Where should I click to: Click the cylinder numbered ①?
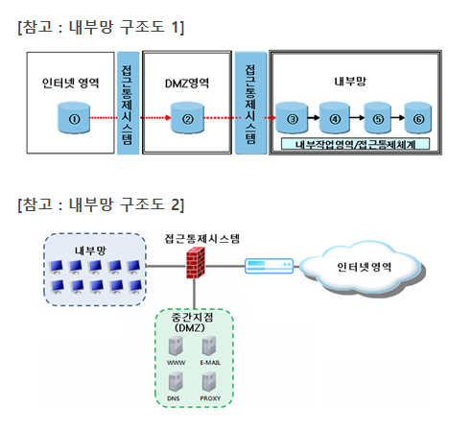(74, 118)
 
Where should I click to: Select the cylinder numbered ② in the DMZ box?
(187, 118)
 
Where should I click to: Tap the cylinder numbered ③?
(292, 118)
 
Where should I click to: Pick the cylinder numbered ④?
(335, 118)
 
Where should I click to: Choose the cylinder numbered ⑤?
(378, 118)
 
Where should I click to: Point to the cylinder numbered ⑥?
(418, 118)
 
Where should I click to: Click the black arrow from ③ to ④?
(314, 118)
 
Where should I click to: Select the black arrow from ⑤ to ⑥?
(398, 118)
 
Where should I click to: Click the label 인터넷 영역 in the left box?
(71, 83)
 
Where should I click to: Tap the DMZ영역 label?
(187, 84)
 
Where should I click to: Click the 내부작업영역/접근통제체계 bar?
(355, 144)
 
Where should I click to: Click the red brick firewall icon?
(196, 263)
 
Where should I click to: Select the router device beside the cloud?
(269, 266)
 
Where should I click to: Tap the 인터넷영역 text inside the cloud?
(364, 267)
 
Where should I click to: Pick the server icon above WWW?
(176, 346)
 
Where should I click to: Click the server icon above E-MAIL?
(210, 346)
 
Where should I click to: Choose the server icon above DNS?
(176, 382)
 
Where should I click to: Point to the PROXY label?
(210, 398)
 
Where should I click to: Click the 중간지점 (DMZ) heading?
(192, 322)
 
